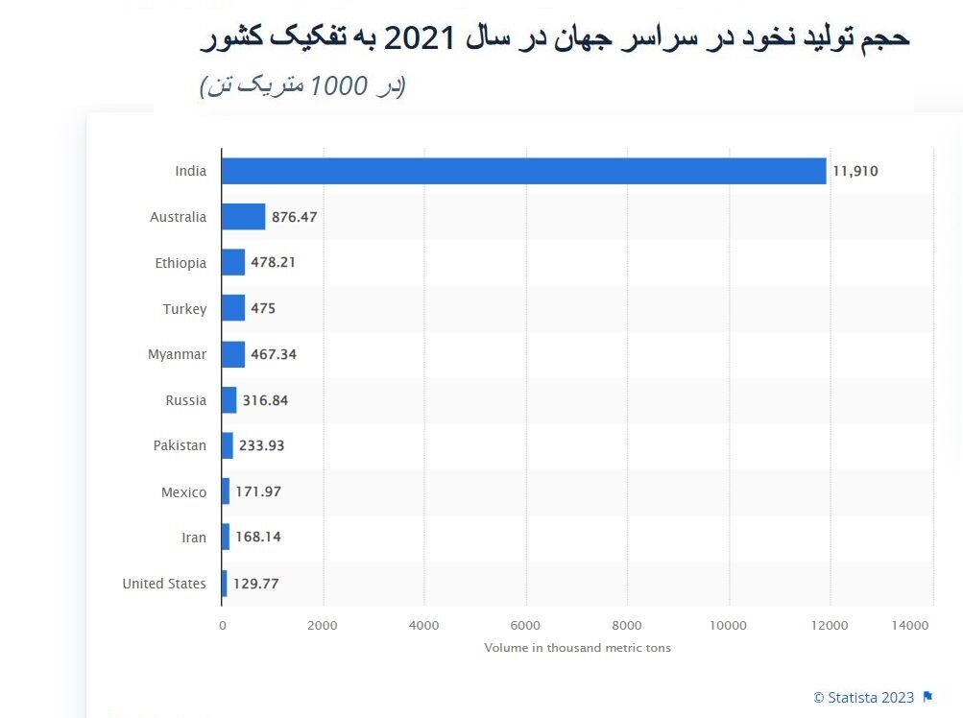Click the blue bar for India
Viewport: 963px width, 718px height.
point(523,171)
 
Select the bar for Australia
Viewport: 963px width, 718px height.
point(243,217)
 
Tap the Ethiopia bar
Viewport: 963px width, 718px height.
point(233,262)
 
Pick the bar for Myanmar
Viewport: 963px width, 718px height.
point(233,354)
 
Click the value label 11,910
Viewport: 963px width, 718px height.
point(855,172)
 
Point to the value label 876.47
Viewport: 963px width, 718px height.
point(294,217)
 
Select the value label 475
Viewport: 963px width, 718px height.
point(263,309)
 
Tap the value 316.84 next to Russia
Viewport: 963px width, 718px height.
point(265,400)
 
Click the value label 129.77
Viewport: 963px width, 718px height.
point(255,584)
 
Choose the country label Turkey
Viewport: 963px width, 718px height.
point(184,309)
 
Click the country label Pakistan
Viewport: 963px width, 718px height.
point(180,445)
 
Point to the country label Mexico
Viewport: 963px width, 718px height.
point(183,492)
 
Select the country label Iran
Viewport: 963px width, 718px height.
point(194,538)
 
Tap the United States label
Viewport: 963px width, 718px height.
point(164,584)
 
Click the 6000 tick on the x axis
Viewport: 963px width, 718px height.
point(525,626)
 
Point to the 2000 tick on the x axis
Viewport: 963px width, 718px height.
point(323,626)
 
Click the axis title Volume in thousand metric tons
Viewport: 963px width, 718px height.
point(577,648)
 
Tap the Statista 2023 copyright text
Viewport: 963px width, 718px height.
point(863,698)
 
